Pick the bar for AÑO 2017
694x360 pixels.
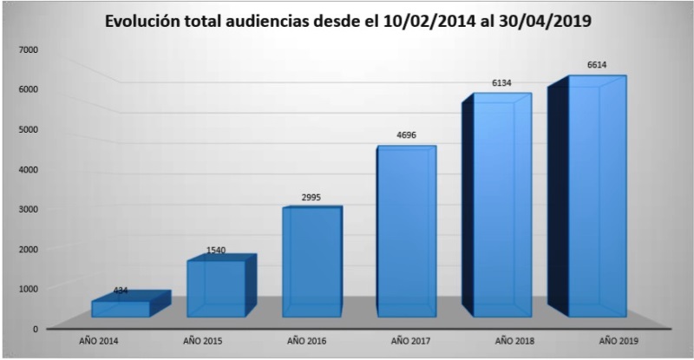(404, 230)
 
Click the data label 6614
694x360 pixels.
(598, 66)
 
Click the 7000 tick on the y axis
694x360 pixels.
(27, 49)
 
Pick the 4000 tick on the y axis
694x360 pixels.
(27, 169)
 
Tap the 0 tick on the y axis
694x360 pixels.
(35, 329)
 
